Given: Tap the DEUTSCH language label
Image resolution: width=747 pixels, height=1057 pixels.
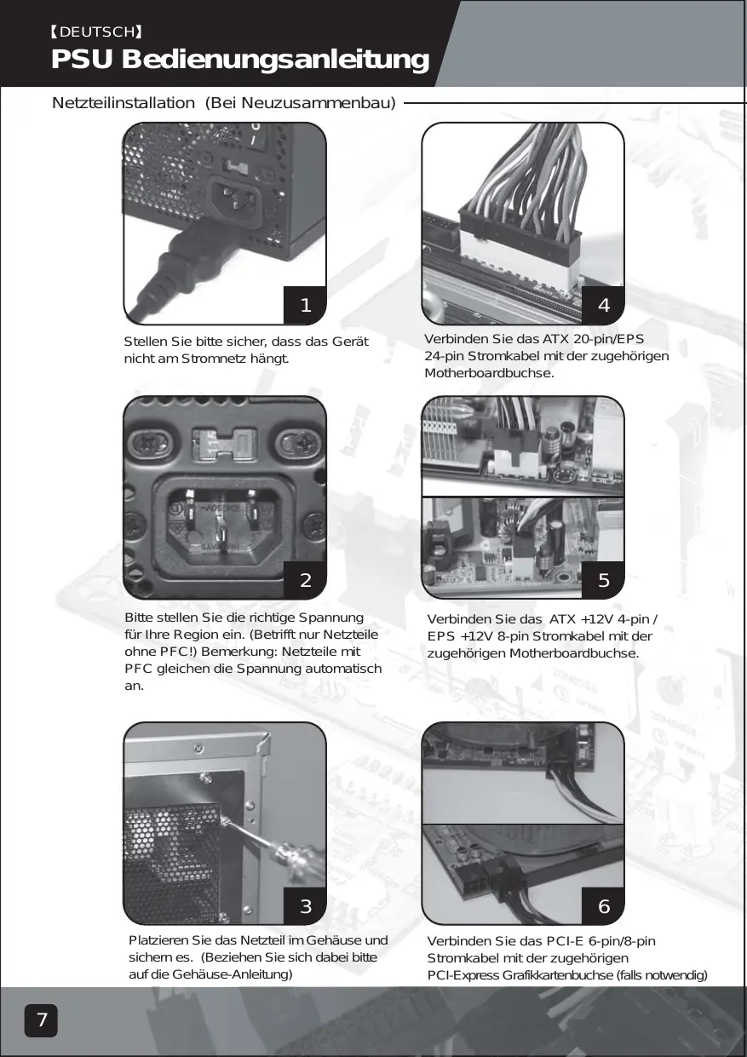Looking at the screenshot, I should [x=96, y=32].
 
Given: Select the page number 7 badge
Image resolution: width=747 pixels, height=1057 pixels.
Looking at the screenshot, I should [x=41, y=1020].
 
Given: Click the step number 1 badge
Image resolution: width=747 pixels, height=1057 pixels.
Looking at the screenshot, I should [x=306, y=304].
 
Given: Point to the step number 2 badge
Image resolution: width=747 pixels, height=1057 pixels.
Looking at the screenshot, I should [x=306, y=580].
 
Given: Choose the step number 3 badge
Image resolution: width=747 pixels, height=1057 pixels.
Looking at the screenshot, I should [x=306, y=906].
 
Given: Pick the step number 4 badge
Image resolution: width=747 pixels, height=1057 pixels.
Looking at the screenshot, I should [x=604, y=304].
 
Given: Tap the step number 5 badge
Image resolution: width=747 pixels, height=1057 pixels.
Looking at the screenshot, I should [x=604, y=580].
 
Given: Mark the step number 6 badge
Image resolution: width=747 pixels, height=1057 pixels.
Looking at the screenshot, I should [x=604, y=906].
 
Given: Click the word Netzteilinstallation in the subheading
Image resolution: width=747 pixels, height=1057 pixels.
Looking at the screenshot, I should [x=123, y=104].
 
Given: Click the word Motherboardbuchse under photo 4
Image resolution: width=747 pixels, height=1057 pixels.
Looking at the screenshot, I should [x=489, y=374].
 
